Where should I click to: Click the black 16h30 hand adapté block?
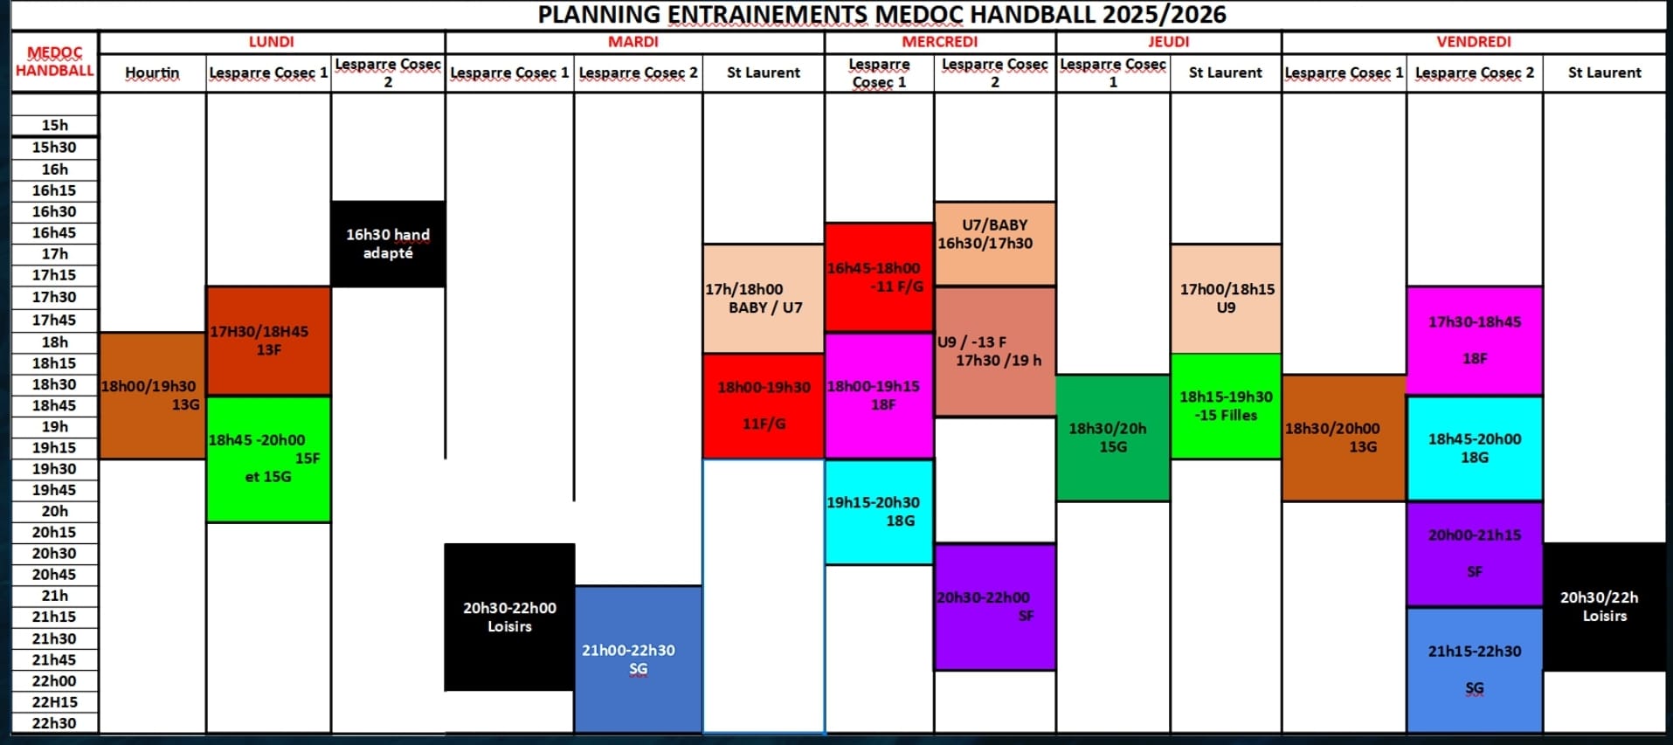pos(388,244)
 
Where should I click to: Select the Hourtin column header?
pos(152,72)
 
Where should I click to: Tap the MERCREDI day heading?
pos(940,42)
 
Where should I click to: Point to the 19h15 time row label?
pos(54,447)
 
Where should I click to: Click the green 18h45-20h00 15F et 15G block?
pos(268,459)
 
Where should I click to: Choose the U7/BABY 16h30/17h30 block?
pos(994,243)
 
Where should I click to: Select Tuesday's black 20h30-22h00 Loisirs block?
pos(509,617)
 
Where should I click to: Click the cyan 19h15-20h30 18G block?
pos(879,512)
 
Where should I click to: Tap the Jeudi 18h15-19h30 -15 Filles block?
pos(1226,406)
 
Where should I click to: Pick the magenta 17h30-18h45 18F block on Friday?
pos(1475,341)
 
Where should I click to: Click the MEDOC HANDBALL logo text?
pos(54,62)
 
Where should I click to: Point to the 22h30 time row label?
pos(54,723)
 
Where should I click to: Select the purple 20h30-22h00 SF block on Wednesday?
pos(994,607)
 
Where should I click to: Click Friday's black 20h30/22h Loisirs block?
pos(1605,607)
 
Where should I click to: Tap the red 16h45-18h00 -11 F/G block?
pos(879,277)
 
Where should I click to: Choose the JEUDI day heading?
pos(1168,42)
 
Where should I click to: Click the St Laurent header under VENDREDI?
pos(1604,72)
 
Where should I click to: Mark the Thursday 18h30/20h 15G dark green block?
pos(1112,438)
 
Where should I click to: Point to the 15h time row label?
pos(54,125)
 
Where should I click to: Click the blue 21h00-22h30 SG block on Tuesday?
pos(638,659)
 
